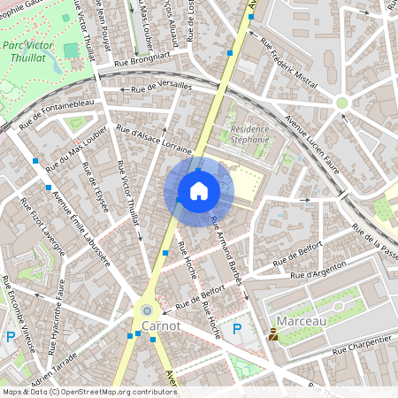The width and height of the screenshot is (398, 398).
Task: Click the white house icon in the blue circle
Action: pos(198,190)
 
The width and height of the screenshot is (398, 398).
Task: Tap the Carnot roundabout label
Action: pos(160,325)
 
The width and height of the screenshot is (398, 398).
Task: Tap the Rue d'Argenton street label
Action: pos(324,265)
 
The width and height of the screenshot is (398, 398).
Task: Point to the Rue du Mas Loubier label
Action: pos(77,147)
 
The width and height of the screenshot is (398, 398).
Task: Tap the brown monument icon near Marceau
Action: pos(273,335)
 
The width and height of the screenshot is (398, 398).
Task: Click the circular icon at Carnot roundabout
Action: pos(146,311)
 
